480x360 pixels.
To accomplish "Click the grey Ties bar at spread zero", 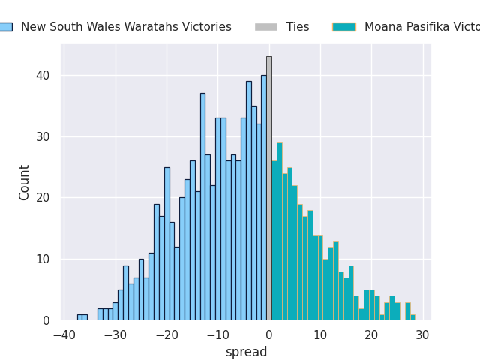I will (x=269, y=187).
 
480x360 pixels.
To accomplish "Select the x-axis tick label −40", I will (x=64, y=334).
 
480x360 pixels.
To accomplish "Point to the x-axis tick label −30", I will (x=115, y=334).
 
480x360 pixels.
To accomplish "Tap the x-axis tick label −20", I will (x=166, y=334).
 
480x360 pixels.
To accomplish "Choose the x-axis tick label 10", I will (x=320, y=334).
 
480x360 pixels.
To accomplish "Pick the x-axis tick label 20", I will (x=371, y=334).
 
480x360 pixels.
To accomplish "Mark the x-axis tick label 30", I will (x=422, y=334).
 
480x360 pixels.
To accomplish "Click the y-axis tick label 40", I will (x=42, y=76).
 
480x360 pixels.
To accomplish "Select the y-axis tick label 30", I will (x=42, y=137).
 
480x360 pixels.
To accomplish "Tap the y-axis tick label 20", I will (x=42, y=198).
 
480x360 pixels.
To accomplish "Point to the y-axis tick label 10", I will (x=42, y=259).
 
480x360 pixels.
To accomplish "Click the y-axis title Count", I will (x=25, y=182).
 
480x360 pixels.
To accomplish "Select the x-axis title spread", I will (x=246, y=352).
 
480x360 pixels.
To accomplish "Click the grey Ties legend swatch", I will (x=265, y=27).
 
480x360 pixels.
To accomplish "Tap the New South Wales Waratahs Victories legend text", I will (x=126, y=27).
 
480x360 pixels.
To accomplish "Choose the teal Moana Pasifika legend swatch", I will (x=343, y=27).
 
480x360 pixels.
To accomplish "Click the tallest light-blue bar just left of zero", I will (x=264, y=197).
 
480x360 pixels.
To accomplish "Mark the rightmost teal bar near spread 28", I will (x=412, y=317).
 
